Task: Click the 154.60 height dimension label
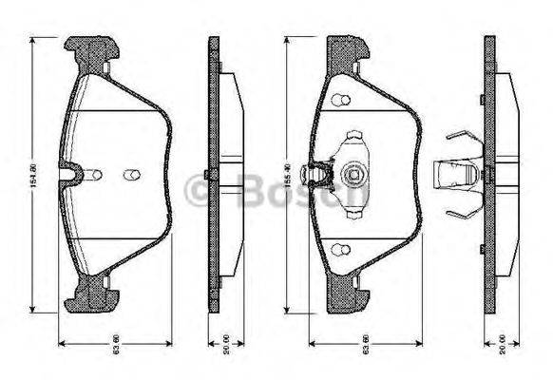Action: click(x=35, y=175)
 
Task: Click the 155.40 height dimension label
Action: click(x=287, y=175)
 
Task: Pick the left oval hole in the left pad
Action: click(x=94, y=174)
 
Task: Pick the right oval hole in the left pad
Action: click(x=131, y=174)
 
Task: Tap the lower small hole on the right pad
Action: click(x=339, y=251)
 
